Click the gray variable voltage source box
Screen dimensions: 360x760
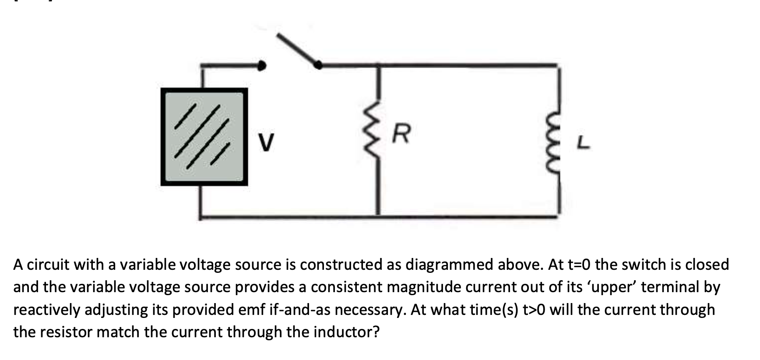[x=204, y=137]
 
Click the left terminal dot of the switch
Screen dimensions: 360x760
[x=262, y=66]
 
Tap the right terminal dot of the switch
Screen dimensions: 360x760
[x=318, y=65]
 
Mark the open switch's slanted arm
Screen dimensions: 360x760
[x=298, y=49]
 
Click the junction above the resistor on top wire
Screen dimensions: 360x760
[x=379, y=65]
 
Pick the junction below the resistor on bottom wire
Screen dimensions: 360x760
[x=379, y=216]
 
